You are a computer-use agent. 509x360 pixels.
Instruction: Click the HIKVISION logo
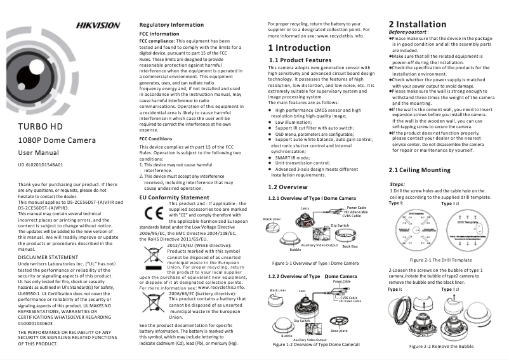coord(98,25)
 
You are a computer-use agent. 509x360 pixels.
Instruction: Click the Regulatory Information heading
coord(171,25)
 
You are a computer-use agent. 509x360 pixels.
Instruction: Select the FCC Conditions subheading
coord(155,138)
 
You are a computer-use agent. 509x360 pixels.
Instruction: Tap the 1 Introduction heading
coord(299,48)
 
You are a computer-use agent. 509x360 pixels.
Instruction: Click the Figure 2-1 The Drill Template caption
coord(440,260)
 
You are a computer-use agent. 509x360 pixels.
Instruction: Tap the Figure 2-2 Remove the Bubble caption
coord(441,346)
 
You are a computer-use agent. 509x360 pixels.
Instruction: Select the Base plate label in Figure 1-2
coord(339,330)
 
